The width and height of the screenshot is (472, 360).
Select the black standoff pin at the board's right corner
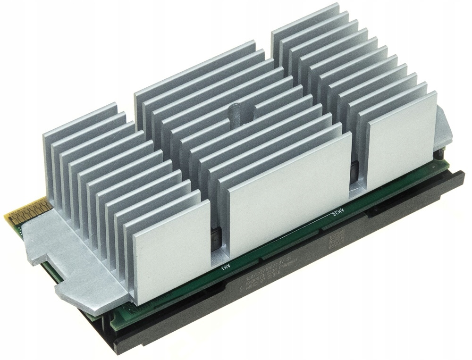click(440, 156)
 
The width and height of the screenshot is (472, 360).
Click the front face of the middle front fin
click(288, 198)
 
